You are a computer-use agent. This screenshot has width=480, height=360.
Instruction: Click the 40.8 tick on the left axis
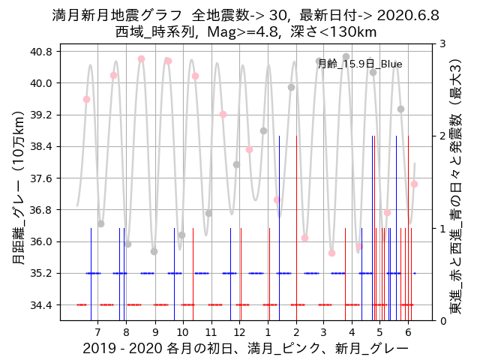tap(40, 52)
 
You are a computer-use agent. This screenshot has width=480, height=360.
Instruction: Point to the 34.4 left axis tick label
tap(40, 305)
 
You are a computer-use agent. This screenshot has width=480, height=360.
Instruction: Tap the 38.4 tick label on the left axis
tap(40, 146)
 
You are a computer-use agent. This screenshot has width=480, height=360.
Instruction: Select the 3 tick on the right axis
tap(444, 44)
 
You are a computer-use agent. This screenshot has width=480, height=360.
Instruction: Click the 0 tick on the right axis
tap(444, 321)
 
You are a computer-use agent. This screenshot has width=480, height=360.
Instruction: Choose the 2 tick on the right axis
tap(444, 136)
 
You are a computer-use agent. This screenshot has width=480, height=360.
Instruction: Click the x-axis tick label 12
tap(239, 332)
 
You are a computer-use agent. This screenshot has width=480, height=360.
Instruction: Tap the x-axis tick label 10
tap(183, 332)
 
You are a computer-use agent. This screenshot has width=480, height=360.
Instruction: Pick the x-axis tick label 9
tap(154, 332)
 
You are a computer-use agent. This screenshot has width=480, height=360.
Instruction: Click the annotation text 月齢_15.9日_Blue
tap(360, 64)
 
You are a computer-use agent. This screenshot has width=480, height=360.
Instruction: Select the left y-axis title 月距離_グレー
tap(18, 184)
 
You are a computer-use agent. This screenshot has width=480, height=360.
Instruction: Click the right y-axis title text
tap(455, 184)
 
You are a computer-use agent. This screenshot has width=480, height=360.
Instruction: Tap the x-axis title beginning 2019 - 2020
tap(245, 349)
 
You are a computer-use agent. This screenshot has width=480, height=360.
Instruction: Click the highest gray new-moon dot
tap(346, 56)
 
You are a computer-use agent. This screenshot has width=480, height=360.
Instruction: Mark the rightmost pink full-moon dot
tap(414, 184)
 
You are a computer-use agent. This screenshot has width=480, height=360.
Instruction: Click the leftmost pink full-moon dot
tap(86, 99)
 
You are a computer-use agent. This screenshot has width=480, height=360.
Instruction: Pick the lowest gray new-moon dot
tap(154, 251)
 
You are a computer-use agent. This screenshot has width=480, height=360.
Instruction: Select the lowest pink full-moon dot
tap(331, 253)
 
